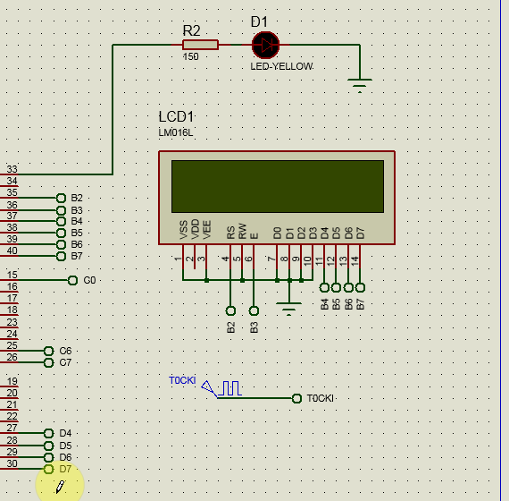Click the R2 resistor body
[200, 45]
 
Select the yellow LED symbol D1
[265, 45]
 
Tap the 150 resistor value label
[190, 56]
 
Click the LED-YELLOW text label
[282, 66]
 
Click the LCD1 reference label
[176, 116]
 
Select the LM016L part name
[176, 132]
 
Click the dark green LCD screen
[278, 186]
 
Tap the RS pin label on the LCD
[230, 233]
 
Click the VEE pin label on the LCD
[207, 230]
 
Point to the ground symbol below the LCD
[289, 309]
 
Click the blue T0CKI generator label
[182, 380]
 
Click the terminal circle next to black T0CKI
[296, 398]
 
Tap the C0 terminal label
[89, 280]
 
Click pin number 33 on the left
[12, 169]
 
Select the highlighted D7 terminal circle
[48, 469]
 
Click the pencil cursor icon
[61, 487]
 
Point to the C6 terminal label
[65, 351]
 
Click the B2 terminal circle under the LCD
[230, 311]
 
